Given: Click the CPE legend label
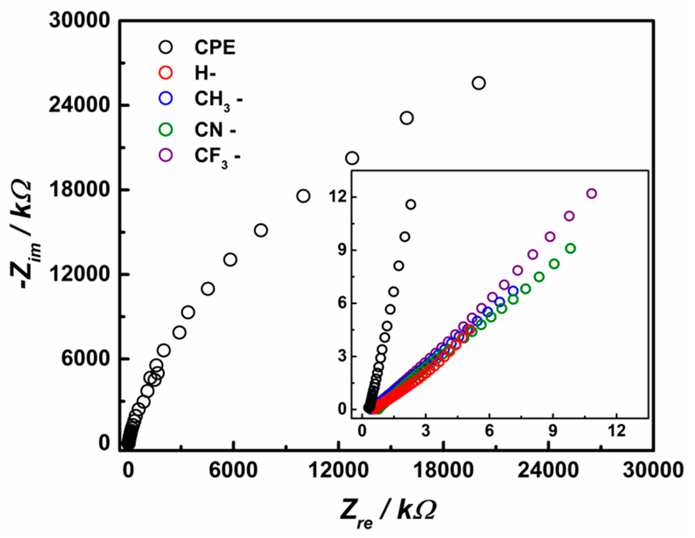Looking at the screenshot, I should pyautogui.click(x=215, y=48).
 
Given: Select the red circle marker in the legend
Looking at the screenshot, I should pyautogui.click(x=166, y=73).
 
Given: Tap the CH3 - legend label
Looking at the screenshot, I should pyautogui.click(x=218, y=101).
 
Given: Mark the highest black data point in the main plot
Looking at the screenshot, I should pyautogui.click(x=479, y=83).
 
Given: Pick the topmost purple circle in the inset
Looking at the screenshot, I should pyautogui.click(x=591, y=194).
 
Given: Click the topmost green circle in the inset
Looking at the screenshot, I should pyautogui.click(x=570, y=249).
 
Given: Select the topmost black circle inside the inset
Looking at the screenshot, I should pyautogui.click(x=411, y=205).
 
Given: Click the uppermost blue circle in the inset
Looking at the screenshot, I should pyautogui.click(x=513, y=291).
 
